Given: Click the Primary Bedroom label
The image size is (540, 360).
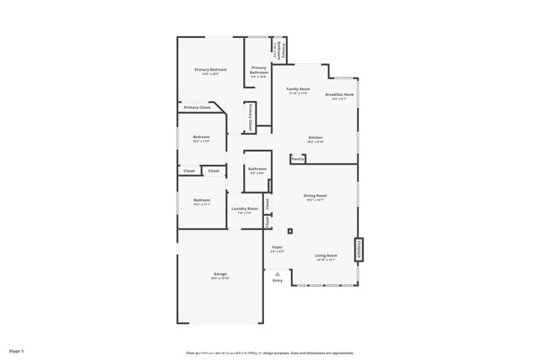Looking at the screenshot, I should click(211, 70).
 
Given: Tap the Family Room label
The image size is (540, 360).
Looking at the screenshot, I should click(298, 89).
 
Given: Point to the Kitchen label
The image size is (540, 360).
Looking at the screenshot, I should click(316, 137).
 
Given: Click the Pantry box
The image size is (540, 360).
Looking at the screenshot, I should click(298, 159).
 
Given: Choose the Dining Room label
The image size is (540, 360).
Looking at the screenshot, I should click(316, 196).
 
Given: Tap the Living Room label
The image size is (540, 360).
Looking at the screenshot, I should click(326, 255).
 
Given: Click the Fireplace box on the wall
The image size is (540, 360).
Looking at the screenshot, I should click(359, 249).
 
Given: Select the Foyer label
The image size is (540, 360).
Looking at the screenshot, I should click(277, 247).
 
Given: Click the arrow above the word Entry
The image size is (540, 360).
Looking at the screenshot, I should click(278, 274).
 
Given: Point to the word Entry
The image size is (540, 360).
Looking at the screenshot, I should click(278, 281).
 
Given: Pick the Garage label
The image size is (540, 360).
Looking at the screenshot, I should click(220, 274).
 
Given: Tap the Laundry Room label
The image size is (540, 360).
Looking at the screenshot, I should click(245, 208).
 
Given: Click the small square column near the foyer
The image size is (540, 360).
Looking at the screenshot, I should click(290, 230).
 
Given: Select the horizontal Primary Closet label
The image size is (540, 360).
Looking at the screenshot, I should click(197, 108).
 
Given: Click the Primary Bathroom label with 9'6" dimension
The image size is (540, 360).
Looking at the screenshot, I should click(258, 70).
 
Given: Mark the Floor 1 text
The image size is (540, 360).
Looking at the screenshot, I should click(17, 350).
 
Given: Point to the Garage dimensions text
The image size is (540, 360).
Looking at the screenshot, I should click(220, 278).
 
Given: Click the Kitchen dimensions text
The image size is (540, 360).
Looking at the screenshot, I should click(316, 142).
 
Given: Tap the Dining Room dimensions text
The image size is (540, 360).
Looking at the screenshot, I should click(316, 200).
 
